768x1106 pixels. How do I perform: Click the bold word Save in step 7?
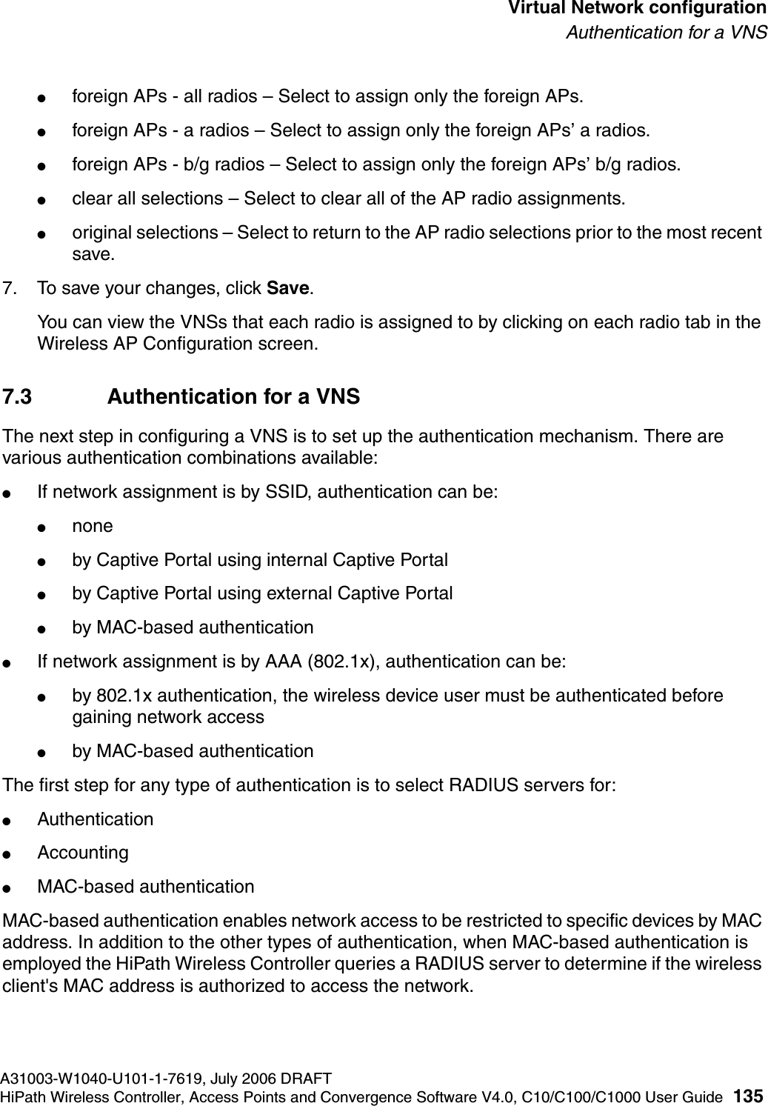click(x=287, y=288)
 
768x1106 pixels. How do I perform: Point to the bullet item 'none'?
click(x=93, y=527)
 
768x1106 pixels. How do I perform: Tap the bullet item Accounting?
click(x=83, y=853)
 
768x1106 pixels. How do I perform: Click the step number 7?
click(x=10, y=288)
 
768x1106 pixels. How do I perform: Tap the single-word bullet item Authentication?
click(x=96, y=819)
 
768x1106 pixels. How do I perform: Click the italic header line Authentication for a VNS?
click(x=667, y=33)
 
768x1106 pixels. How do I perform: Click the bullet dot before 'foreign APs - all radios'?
click(x=45, y=98)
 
